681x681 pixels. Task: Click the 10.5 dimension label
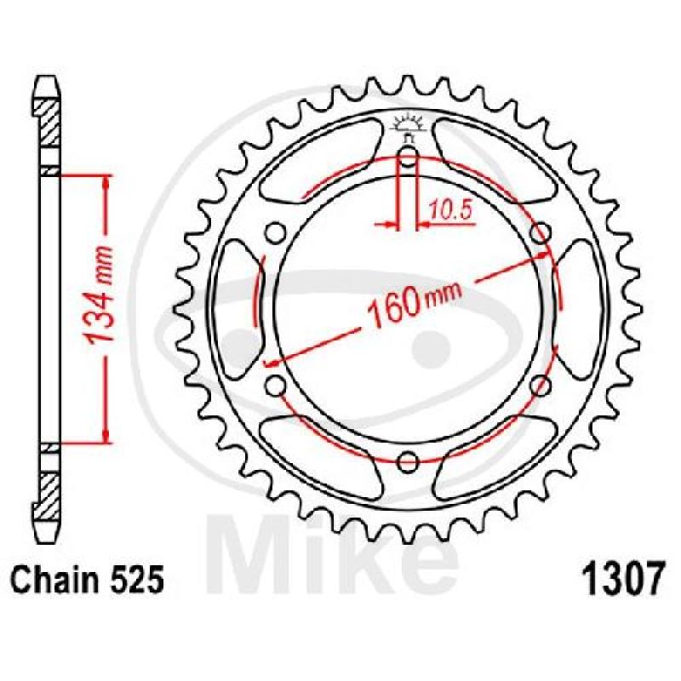[x=450, y=211]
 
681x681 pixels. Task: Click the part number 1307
[x=623, y=580]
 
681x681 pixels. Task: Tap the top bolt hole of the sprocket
[x=408, y=157]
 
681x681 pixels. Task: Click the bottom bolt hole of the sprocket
[x=408, y=462]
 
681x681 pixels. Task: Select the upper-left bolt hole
[x=275, y=232]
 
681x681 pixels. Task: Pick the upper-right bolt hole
[x=541, y=232]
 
